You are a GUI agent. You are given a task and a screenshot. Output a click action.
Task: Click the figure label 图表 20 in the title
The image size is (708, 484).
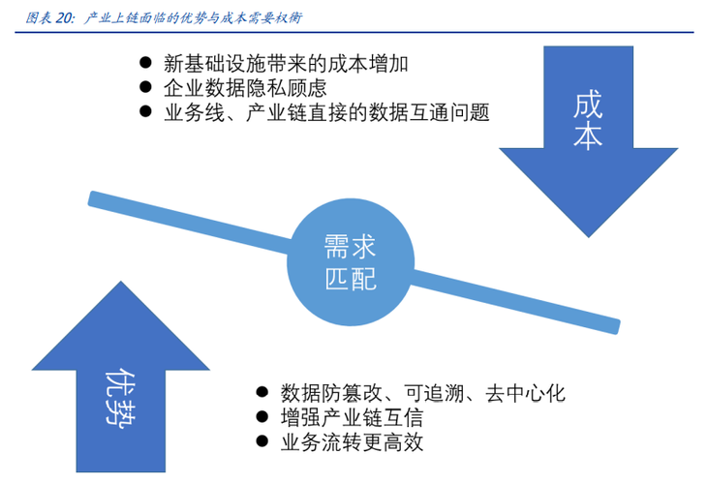(47, 17)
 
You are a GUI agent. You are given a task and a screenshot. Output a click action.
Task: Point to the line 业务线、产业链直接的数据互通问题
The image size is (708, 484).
(327, 112)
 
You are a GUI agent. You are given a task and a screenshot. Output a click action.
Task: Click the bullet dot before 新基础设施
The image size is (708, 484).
(146, 64)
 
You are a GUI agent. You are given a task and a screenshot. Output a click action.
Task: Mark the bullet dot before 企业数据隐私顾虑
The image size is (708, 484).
(146, 88)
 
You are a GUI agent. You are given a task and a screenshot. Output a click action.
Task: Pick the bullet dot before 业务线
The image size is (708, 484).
(146, 112)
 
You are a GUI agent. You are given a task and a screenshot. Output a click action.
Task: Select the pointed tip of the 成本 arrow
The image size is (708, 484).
(586, 233)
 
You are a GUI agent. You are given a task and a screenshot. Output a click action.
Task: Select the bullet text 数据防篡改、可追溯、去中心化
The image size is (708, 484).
(421, 394)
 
